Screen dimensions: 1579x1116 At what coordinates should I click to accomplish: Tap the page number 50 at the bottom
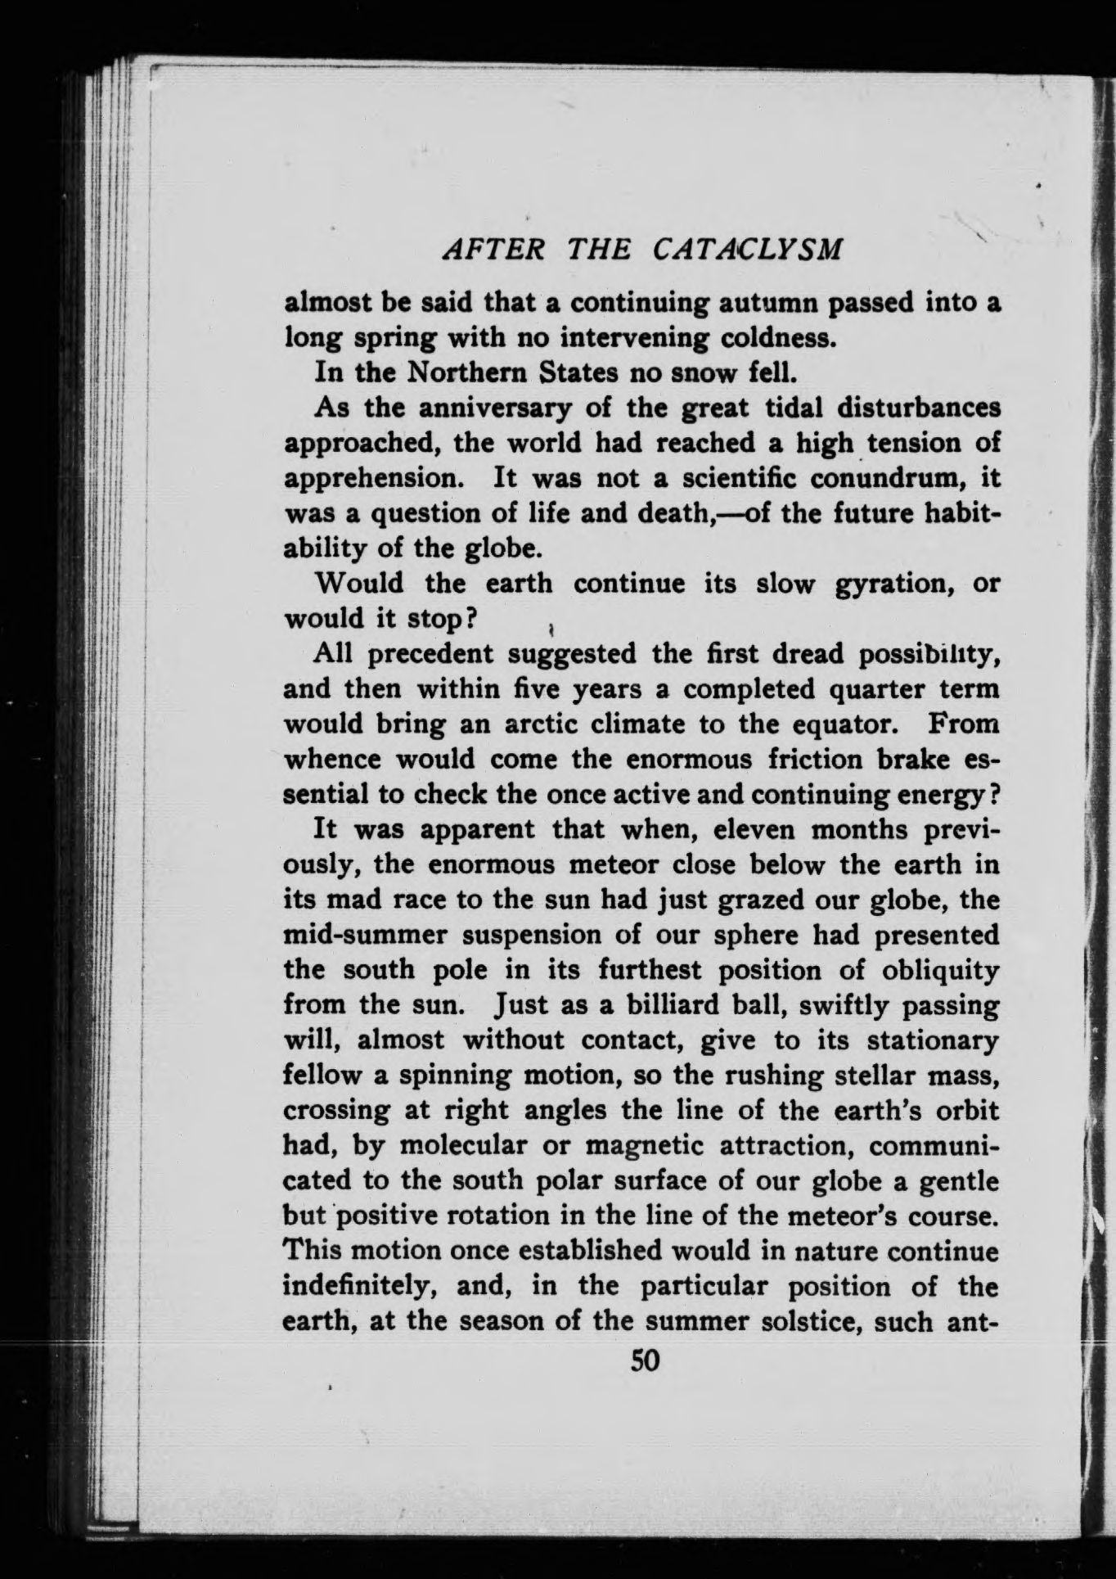point(645,1360)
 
